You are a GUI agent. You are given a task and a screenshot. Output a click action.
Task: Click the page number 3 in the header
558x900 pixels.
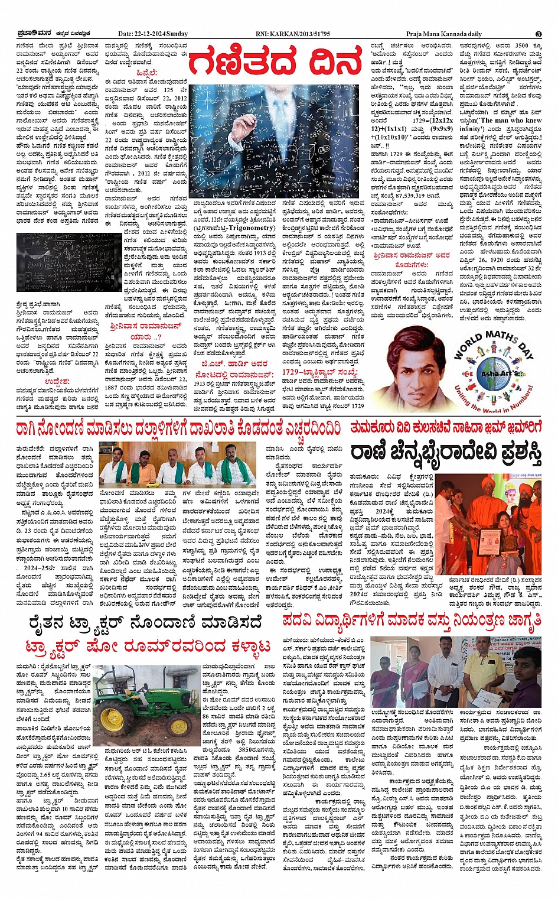[x=539, y=34]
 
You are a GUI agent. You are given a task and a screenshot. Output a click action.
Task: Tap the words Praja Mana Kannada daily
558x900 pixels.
[x=443, y=34]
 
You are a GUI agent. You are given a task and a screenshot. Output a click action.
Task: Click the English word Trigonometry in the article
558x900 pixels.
[x=252, y=228]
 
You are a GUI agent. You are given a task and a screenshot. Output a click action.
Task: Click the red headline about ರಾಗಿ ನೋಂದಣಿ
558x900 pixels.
[x=178, y=428]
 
